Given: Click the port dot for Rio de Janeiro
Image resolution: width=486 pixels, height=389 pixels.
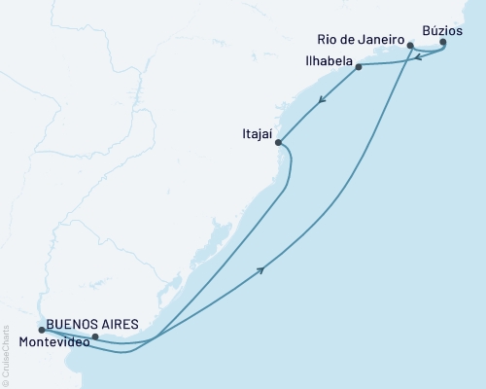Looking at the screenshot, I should point(411,45).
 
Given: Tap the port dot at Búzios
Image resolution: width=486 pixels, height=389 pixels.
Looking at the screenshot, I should point(443,42).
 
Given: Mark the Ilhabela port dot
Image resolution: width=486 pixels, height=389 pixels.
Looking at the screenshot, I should point(360,67).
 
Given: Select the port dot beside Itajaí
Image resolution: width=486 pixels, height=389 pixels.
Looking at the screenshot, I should point(279,143).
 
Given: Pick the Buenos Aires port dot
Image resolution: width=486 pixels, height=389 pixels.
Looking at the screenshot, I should point(41,331).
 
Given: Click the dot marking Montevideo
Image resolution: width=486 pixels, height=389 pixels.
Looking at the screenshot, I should point(94,337).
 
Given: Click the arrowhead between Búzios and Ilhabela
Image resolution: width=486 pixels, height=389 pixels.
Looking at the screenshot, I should point(415,58).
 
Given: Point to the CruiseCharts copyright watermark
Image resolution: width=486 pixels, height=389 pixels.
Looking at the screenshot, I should point(6,356).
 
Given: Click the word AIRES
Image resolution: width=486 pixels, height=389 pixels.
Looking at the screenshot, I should point(109,323).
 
